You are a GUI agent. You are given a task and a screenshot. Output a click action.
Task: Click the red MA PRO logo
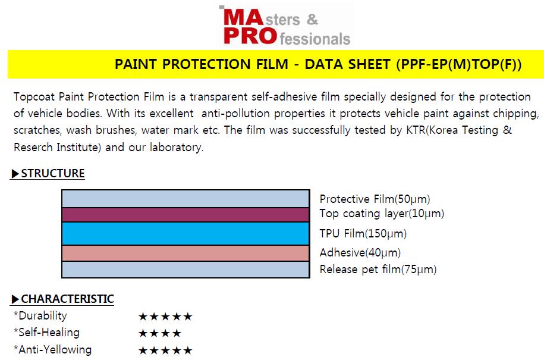point(287,26)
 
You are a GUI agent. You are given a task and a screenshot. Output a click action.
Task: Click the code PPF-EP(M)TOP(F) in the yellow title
point(459,65)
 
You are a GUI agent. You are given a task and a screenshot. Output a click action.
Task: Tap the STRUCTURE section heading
point(53,173)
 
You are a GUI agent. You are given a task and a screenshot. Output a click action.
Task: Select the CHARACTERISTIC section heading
point(67,299)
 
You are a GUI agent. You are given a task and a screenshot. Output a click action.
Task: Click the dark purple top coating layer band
point(185,215)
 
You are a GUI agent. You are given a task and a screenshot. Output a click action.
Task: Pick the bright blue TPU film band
point(185,234)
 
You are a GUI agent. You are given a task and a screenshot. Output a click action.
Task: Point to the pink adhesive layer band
point(185,253)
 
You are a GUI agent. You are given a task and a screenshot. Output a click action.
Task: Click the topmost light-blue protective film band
point(185,199)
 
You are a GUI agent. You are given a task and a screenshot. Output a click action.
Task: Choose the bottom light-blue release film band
point(185,270)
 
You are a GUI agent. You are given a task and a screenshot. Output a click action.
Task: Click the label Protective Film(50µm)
point(375,199)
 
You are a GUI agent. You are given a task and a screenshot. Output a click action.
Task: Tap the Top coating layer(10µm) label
point(382,214)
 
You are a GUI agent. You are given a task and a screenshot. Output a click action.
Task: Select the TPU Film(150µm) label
point(363,234)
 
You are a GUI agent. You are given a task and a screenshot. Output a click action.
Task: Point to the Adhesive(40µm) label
point(360,253)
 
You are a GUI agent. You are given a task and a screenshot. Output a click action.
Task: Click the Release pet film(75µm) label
point(378,270)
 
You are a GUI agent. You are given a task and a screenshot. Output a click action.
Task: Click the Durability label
point(40,316)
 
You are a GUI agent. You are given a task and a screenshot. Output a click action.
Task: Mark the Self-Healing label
point(46,333)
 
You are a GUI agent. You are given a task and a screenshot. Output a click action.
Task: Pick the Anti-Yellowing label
point(52,349)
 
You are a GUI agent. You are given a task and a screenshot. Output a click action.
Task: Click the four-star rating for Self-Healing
point(160,334)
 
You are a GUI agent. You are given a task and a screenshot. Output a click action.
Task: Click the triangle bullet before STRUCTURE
point(15,174)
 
